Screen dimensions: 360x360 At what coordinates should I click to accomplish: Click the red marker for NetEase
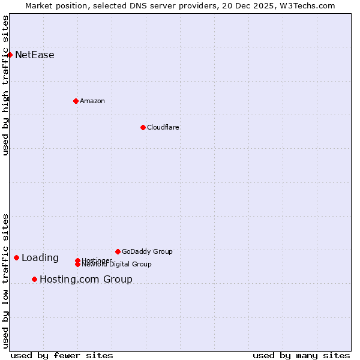click(10, 55)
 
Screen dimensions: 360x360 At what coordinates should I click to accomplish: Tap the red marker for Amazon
click(76, 101)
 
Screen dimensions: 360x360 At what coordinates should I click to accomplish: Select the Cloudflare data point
click(143, 127)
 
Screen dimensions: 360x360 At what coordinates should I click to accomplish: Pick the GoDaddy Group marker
click(118, 251)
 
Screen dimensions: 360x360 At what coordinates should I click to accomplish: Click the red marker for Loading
click(16, 257)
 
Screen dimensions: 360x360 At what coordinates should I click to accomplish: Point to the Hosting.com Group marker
click(34, 279)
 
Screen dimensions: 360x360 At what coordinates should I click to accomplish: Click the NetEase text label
click(35, 55)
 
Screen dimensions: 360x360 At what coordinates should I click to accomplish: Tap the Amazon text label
click(92, 101)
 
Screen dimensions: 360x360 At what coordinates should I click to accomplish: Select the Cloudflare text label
click(163, 127)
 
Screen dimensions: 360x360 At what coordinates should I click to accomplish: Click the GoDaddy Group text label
click(147, 251)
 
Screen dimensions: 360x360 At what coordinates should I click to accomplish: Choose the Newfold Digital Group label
click(116, 264)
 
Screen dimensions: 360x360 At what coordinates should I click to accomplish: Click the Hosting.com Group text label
click(86, 279)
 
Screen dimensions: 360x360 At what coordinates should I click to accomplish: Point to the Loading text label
click(40, 258)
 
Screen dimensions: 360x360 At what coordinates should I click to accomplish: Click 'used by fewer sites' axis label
click(62, 355)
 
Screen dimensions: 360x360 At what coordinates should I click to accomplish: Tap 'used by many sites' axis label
click(301, 355)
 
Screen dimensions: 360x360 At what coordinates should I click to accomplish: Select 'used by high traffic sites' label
click(5, 85)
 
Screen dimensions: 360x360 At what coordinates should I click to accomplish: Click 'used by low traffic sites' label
click(5, 281)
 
